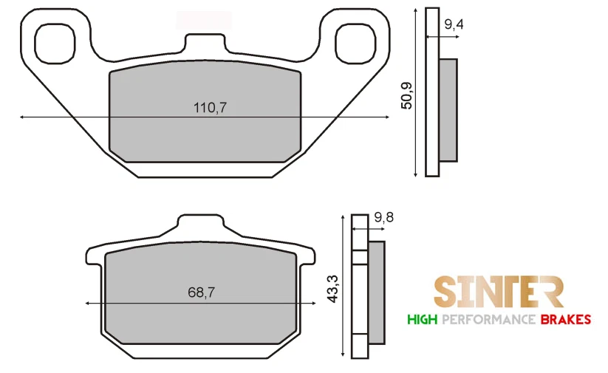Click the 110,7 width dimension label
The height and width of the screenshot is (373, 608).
(x=210, y=107)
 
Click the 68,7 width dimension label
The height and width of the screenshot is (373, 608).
(x=201, y=292)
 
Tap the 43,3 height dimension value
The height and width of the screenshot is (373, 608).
(x=332, y=288)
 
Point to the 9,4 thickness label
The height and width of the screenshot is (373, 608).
(x=454, y=25)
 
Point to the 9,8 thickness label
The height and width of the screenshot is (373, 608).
(x=385, y=217)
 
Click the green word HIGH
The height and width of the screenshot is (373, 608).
(x=422, y=320)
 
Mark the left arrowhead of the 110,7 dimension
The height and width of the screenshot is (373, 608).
(x=23, y=117)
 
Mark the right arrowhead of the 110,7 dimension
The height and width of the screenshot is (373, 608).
(x=386, y=117)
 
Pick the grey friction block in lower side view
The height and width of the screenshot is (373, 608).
(x=376, y=292)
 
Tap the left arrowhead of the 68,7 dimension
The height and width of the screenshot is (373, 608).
(x=89, y=303)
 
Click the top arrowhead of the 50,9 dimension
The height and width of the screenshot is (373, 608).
(x=417, y=10)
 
